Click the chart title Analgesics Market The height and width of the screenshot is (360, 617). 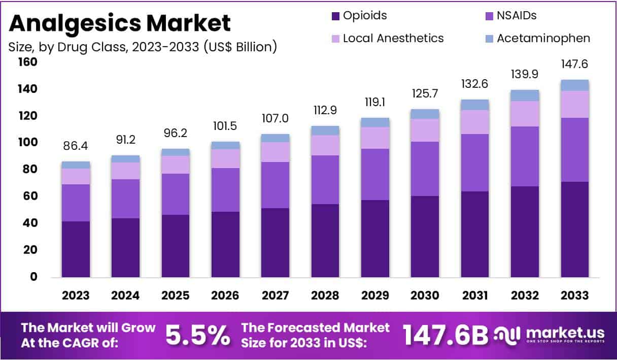coord(120,23)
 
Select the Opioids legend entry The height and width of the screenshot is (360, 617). coord(364,16)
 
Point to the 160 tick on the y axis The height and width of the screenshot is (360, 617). coord(28,62)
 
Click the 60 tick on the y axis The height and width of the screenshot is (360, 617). coord(30,197)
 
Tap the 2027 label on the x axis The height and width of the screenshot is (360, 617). coord(276,296)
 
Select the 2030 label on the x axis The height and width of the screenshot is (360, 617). coord(425,296)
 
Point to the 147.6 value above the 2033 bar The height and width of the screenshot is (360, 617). coord(574,64)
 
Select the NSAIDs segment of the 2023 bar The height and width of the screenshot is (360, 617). coord(76,203)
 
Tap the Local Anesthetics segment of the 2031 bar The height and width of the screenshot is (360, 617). coord(474,122)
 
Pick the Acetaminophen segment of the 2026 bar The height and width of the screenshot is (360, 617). coord(226,146)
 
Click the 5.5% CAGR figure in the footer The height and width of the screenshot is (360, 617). coord(198,335)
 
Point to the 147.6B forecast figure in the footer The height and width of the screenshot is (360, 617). coord(444,335)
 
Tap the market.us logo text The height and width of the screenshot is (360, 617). coord(565,333)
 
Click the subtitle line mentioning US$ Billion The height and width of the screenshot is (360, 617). coord(143,47)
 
